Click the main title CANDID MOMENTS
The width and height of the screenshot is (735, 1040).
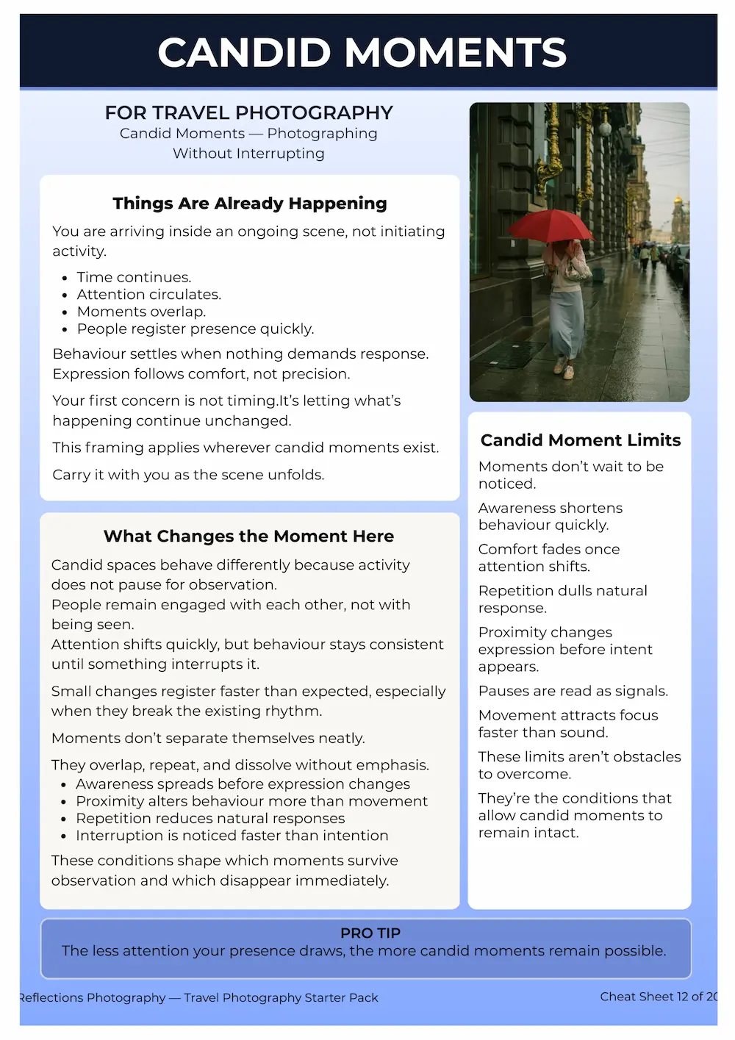[x=362, y=53]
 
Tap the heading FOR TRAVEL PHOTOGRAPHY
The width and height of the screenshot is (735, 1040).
[x=248, y=112]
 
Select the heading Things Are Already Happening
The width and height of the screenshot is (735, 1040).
[x=249, y=203]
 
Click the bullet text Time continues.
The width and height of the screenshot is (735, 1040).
[x=134, y=277]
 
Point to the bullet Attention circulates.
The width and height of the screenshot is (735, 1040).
[x=148, y=294]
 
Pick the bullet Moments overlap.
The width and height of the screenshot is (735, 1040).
[x=141, y=312]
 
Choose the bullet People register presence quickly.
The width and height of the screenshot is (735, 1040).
[x=195, y=329]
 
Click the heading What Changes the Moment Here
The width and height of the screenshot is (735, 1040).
[x=248, y=536]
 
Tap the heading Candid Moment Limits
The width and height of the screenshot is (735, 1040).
[x=580, y=440]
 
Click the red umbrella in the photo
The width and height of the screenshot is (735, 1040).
[x=551, y=223]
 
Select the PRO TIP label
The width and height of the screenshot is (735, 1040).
[x=370, y=933]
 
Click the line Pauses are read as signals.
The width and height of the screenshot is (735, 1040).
[x=573, y=691]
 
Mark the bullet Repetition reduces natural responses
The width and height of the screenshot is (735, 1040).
[x=210, y=818]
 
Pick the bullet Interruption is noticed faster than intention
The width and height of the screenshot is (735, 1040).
[x=232, y=836]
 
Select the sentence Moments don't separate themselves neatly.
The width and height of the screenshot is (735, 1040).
[x=208, y=738]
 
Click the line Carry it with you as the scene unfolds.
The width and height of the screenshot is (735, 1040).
[x=188, y=475]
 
